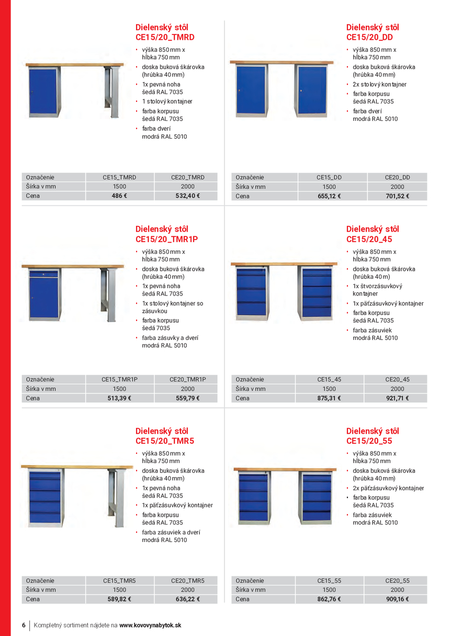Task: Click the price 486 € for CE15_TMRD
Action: coord(119,196)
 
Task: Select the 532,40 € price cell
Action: coord(187,196)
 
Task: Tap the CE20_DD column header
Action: coord(397,177)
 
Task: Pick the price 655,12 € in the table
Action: coord(329,196)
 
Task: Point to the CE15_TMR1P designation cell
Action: coord(119,379)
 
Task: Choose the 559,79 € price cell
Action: coord(187,398)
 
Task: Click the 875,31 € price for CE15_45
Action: coord(329,398)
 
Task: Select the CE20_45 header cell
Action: coord(397,379)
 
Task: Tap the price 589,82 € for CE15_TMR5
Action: coord(119,599)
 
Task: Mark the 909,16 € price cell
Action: coord(397,599)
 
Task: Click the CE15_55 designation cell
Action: coord(329,581)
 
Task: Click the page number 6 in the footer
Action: coord(24,625)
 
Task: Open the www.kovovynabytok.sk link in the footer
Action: coord(150,625)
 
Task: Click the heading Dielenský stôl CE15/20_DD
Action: coord(372,32)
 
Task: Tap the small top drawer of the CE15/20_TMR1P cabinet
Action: coord(43,274)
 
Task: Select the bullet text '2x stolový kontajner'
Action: coord(379,84)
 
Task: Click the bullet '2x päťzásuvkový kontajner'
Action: coord(388,488)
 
